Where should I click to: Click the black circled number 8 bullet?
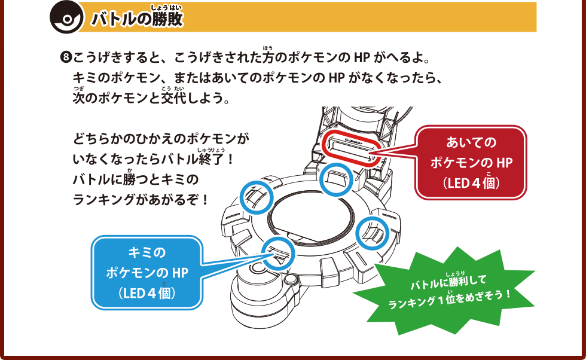[x=66, y=59]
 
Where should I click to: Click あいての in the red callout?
[x=471, y=143]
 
